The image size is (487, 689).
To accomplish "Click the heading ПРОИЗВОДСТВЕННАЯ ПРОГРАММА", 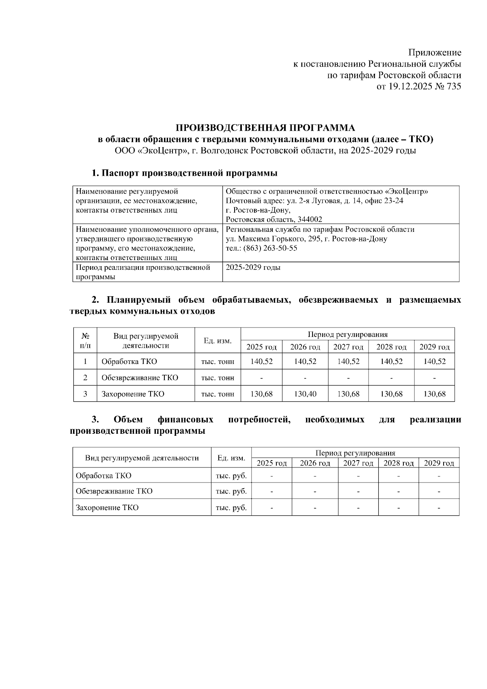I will click(x=265, y=128).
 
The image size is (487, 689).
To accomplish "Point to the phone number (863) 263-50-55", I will click(x=270, y=248).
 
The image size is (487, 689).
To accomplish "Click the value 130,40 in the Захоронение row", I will click(x=305, y=394).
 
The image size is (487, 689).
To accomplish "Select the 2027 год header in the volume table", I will click(x=348, y=347).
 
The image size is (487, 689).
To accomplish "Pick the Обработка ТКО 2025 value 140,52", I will click(x=261, y=362).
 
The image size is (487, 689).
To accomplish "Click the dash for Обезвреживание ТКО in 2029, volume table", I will click(x=434, y=378).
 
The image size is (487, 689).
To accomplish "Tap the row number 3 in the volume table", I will click(x=85, y=394).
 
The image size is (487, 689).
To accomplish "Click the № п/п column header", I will click(x=85, y=341).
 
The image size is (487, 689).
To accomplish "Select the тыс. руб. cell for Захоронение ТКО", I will click(x=231, y=508).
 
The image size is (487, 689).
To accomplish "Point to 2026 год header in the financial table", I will click(x=315, y=463).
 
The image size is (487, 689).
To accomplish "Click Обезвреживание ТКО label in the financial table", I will click(x=114, y=491).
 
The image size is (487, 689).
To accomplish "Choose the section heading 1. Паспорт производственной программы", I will click(x=184, y=173).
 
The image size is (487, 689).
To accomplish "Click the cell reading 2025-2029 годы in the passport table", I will click(x=253, y=268).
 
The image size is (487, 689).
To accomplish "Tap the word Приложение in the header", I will click(x=434, y=53).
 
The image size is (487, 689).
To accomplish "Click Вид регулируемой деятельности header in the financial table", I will click(x=142, y=458).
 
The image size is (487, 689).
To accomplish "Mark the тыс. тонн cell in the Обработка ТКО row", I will click(x=218, y=362).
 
